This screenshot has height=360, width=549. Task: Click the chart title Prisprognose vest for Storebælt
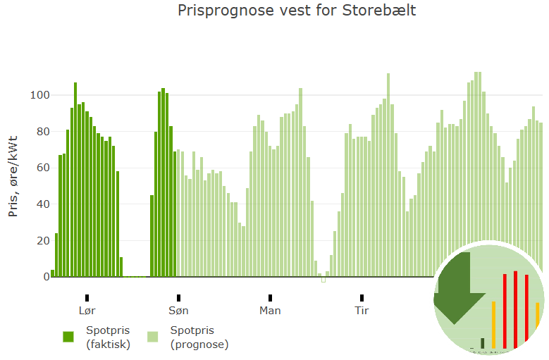(297, 11)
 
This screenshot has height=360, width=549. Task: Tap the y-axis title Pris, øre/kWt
(13, 176)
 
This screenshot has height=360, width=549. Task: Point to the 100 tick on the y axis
(40, 95)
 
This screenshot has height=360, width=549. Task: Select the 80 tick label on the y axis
(43, 132)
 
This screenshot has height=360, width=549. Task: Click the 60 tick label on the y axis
(43, 168)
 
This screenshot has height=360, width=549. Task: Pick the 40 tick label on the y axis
(43, 204)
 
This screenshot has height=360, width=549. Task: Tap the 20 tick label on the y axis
(43, 241)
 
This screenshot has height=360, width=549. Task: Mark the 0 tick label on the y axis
(47, 277)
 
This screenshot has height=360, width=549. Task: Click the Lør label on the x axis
(87, 310)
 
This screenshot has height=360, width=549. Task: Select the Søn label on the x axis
(178, 310)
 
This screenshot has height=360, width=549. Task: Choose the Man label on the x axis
(270, 310)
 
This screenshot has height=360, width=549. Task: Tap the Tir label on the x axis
(362, 310)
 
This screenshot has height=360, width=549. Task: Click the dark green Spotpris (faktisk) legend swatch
(68, 337)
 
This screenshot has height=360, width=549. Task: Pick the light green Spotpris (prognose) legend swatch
(153, 337)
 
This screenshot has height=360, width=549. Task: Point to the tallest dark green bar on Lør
(75, 180)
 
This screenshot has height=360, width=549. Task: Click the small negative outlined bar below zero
(323, 280)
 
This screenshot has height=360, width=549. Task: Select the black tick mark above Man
(270, 298)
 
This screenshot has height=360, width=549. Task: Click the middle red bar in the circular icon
(515, 309)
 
